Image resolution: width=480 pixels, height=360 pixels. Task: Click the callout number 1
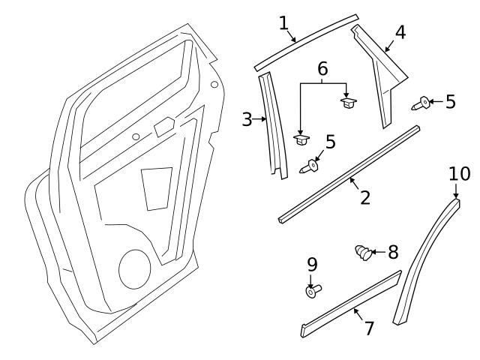coord(283,22)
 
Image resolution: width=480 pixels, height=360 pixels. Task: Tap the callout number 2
coord(364,198)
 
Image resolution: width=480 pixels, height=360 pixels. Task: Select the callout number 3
coord(247,118)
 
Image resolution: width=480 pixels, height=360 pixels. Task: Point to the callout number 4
coord(400,33)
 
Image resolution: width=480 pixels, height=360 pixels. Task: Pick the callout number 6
coord(322,69)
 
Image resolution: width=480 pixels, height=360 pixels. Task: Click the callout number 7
coord(368,328)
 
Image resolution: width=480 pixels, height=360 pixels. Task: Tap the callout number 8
coord(393,252)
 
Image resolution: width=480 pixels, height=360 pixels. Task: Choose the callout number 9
coord(312,264)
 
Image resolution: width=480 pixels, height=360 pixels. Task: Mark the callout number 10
coord(459,174)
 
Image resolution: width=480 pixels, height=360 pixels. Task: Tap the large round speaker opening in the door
coord(134,268)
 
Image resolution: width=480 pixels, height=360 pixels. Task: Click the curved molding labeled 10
coord(427,262)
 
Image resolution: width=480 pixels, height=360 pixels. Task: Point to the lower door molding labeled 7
coord(349,304)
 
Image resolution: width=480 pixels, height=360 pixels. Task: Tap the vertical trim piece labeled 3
coord(272,127)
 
